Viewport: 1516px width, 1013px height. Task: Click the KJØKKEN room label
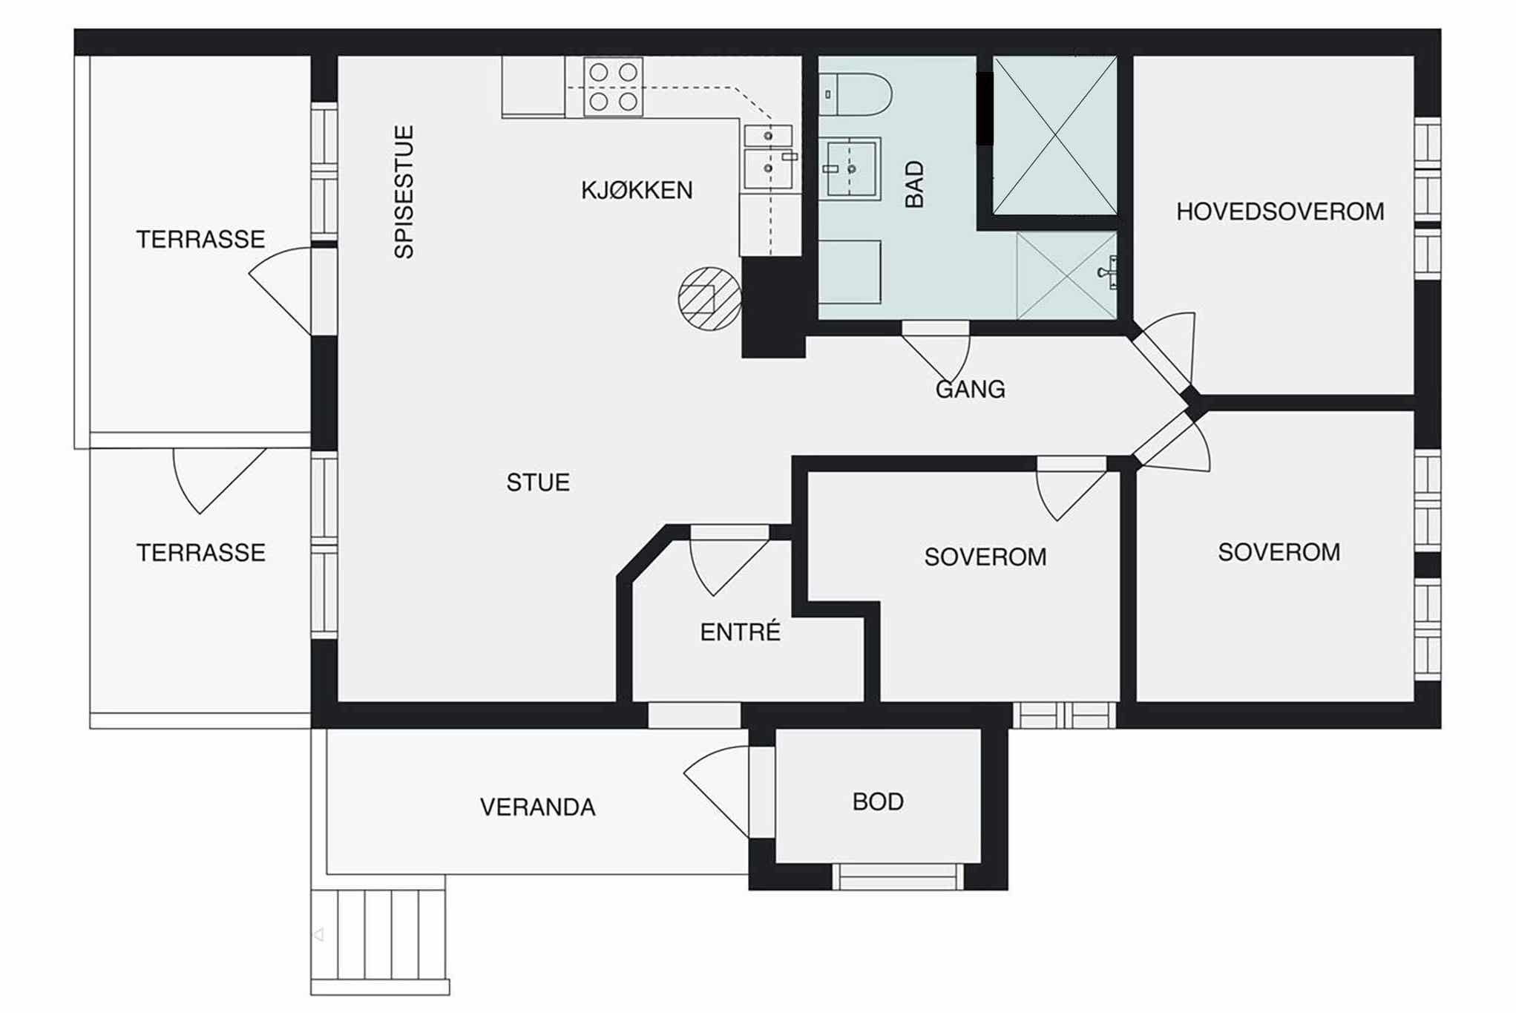point(637,191)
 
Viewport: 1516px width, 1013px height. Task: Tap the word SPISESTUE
point(404,192)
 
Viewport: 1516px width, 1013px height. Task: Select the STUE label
point(538,483)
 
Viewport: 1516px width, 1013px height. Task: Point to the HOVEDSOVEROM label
point(1280,212)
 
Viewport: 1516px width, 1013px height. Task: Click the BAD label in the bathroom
point(915,184)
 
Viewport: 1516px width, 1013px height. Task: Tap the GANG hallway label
point(970,390)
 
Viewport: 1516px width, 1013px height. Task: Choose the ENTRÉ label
point(741,632)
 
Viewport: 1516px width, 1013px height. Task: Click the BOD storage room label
point(878,802)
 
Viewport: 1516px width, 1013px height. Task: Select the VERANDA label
point(538,807)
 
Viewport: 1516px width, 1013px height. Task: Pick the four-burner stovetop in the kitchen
point(613,88)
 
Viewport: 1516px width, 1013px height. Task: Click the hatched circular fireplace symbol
point(710,298)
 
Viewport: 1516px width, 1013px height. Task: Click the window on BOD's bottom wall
point(897,876)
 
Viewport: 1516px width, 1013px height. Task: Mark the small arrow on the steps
point(319,935)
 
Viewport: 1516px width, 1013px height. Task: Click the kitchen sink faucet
point(790,157)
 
